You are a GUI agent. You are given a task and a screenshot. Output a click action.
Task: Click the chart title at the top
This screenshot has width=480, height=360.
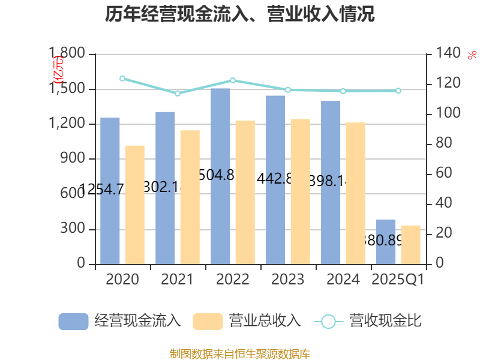point(240,14)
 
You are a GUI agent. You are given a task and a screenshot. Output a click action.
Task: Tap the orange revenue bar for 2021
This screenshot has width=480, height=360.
point(190,197)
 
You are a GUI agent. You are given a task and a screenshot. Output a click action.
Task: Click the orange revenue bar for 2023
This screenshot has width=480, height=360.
point(300,191)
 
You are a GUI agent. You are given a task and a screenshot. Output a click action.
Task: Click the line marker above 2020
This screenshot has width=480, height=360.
point(122,79)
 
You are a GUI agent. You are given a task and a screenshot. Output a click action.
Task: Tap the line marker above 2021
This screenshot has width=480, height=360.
point(178,94)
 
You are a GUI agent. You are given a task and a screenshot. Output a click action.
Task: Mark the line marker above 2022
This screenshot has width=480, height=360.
point(233,80)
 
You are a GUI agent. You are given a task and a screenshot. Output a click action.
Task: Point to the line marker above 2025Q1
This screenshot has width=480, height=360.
point(398,91)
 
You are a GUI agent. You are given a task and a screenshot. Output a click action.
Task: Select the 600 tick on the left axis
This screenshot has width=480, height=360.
point(76,194)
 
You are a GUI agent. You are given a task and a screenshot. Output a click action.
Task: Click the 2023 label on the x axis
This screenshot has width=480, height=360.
point(287,280)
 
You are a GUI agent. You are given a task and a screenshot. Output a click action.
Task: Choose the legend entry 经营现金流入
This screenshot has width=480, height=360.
point(120,321)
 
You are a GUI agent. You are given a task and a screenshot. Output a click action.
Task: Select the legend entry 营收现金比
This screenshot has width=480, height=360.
point(368,321)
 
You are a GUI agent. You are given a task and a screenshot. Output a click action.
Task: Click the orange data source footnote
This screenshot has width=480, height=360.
point(240,354)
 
